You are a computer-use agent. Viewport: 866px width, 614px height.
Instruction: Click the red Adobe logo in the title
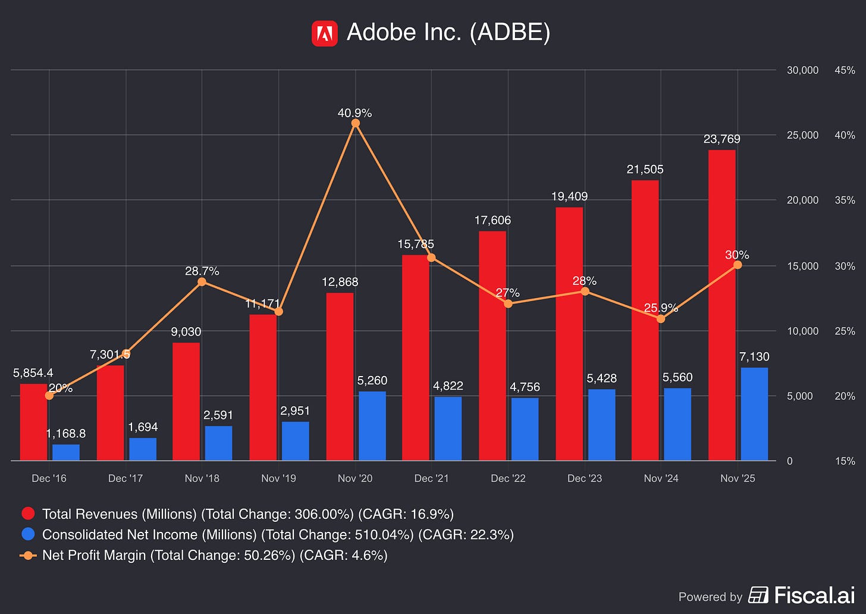(x=324, y=34)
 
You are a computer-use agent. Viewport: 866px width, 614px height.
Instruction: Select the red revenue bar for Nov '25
(x=722, y=305)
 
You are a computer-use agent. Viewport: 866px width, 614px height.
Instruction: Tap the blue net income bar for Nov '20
(x=372, y=426)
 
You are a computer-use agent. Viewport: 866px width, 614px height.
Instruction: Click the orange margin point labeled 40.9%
(x=355, y=123)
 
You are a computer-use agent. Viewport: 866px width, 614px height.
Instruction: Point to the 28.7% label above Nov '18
(x=202, y=271)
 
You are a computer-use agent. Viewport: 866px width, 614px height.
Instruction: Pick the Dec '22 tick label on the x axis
(x=508, y=478)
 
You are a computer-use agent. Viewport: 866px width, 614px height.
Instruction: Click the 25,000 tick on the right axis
(x=802, y=135)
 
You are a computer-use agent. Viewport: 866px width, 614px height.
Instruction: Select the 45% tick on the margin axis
(x=845, y=70)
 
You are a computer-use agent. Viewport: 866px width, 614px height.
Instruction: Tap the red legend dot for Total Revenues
(x=28, y=513)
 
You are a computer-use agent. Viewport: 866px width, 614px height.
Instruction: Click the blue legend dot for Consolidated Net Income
(x=28, y=534)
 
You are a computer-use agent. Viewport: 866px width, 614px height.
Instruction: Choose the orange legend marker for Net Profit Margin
(x=28, y=555)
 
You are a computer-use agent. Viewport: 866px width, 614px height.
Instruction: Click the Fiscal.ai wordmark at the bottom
(x=815, y=595)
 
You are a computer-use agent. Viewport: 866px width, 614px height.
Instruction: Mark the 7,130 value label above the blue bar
(x=754, y=356)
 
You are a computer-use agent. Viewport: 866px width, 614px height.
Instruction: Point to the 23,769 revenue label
(x=722, y=139)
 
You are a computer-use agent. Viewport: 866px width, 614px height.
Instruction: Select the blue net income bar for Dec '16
(x=66, y=452)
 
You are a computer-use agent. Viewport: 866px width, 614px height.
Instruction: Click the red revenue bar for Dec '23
(x=569, y=334)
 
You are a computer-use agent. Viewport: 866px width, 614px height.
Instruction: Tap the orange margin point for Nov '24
(x=661, y=319)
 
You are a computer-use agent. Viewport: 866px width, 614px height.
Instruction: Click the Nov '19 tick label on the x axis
(x=278, y=478)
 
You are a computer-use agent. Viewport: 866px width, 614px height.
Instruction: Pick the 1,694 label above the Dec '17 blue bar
(x=143, y=427)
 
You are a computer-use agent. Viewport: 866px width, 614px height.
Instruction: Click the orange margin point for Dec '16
(x=49, y=396)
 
